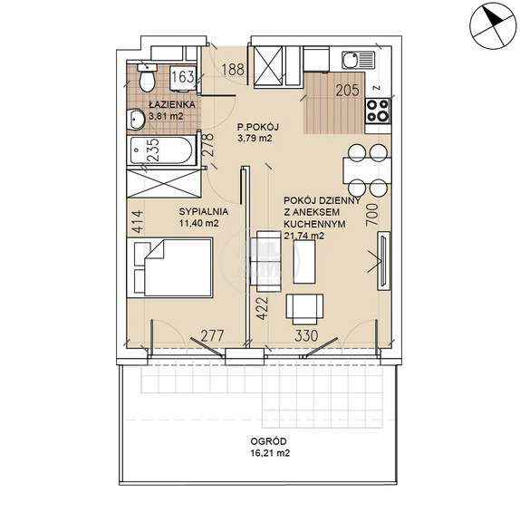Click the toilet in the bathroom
(147, 77)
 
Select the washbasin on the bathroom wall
(135, 119)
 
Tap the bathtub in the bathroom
(161, 150)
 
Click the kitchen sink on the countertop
(358, 60)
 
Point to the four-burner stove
(378, 111)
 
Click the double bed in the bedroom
(172, 267)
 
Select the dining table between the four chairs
(367, 170)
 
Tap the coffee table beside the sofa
(304, 262)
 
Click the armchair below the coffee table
(304, 309)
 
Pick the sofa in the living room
(265, 262)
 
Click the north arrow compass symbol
(493, 26)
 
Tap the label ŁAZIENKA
(172, 104)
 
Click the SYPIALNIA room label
(204, 211)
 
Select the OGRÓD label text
(268, 441)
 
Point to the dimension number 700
(372, 215)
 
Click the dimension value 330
(306, 335)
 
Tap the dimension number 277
(212, 335)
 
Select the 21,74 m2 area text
(304, 236)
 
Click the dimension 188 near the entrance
(233, 70)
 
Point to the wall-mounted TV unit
(383, 261)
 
